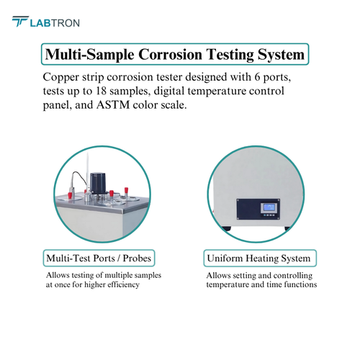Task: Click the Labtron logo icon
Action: point(20,22)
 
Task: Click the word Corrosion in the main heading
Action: point(170,54)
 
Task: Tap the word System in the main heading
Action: point(281,55)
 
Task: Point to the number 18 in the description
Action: point(101,91)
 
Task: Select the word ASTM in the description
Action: point(113,105)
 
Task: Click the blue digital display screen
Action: point(269,207)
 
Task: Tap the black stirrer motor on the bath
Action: point(97,184)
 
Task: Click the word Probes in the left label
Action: point(137,258)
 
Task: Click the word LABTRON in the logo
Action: point(55,23)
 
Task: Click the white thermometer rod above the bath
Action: point(87,171)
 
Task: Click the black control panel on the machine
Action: point(258,209)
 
